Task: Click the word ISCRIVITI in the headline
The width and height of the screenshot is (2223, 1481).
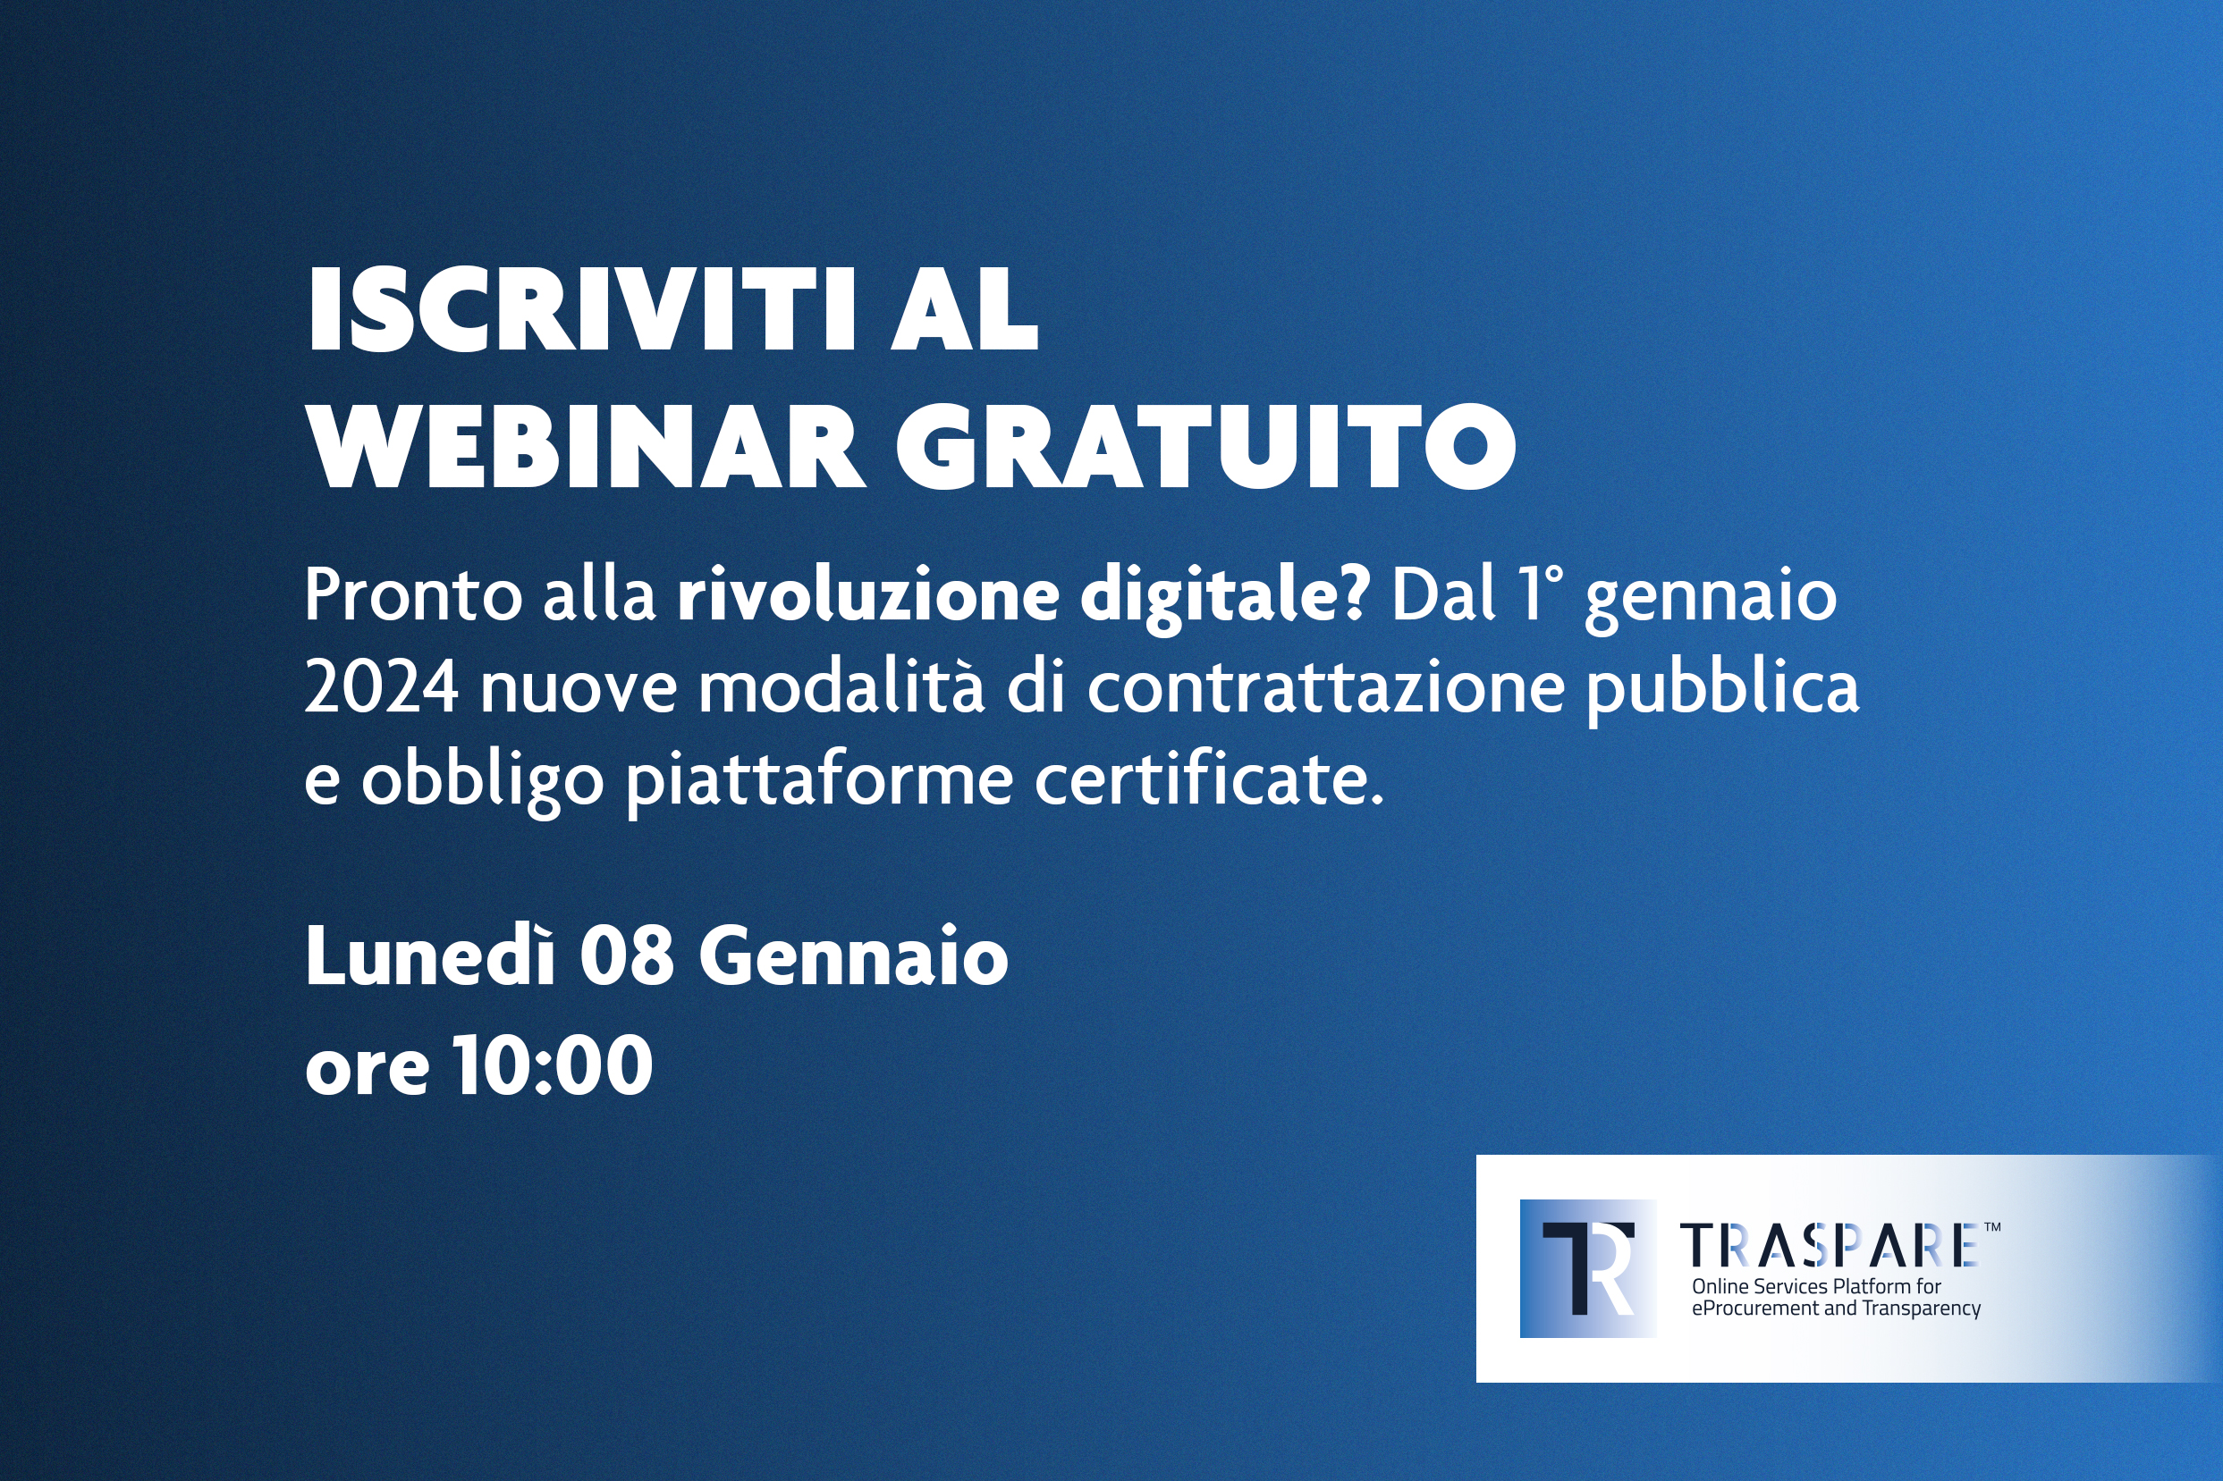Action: tap(581, 310)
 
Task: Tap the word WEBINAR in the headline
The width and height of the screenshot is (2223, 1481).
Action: tap(587, 447)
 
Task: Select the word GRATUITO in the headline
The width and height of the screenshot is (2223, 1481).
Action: tap(1205, 447)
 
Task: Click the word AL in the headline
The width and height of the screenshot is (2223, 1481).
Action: tap(965, 310)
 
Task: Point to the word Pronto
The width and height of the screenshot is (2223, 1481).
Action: tap(413, 595)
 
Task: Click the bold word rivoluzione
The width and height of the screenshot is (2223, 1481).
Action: tap(868, 594)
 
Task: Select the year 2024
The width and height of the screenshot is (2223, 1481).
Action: tap(382, 687)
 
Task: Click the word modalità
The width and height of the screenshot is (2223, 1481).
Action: tap(841, 686)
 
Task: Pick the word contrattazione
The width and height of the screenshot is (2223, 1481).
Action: tap(1325, 687)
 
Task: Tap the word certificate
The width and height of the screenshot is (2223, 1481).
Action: tap(1209, 778)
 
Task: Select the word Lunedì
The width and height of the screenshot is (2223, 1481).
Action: tap(430, 955)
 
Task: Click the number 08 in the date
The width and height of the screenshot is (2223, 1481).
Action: tap(626, 956)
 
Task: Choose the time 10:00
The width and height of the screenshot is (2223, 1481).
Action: tap(553, 1064)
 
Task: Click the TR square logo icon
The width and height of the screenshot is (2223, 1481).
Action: tap(1587, 1268)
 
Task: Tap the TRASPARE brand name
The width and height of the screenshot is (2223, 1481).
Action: tap(1829, 1245)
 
